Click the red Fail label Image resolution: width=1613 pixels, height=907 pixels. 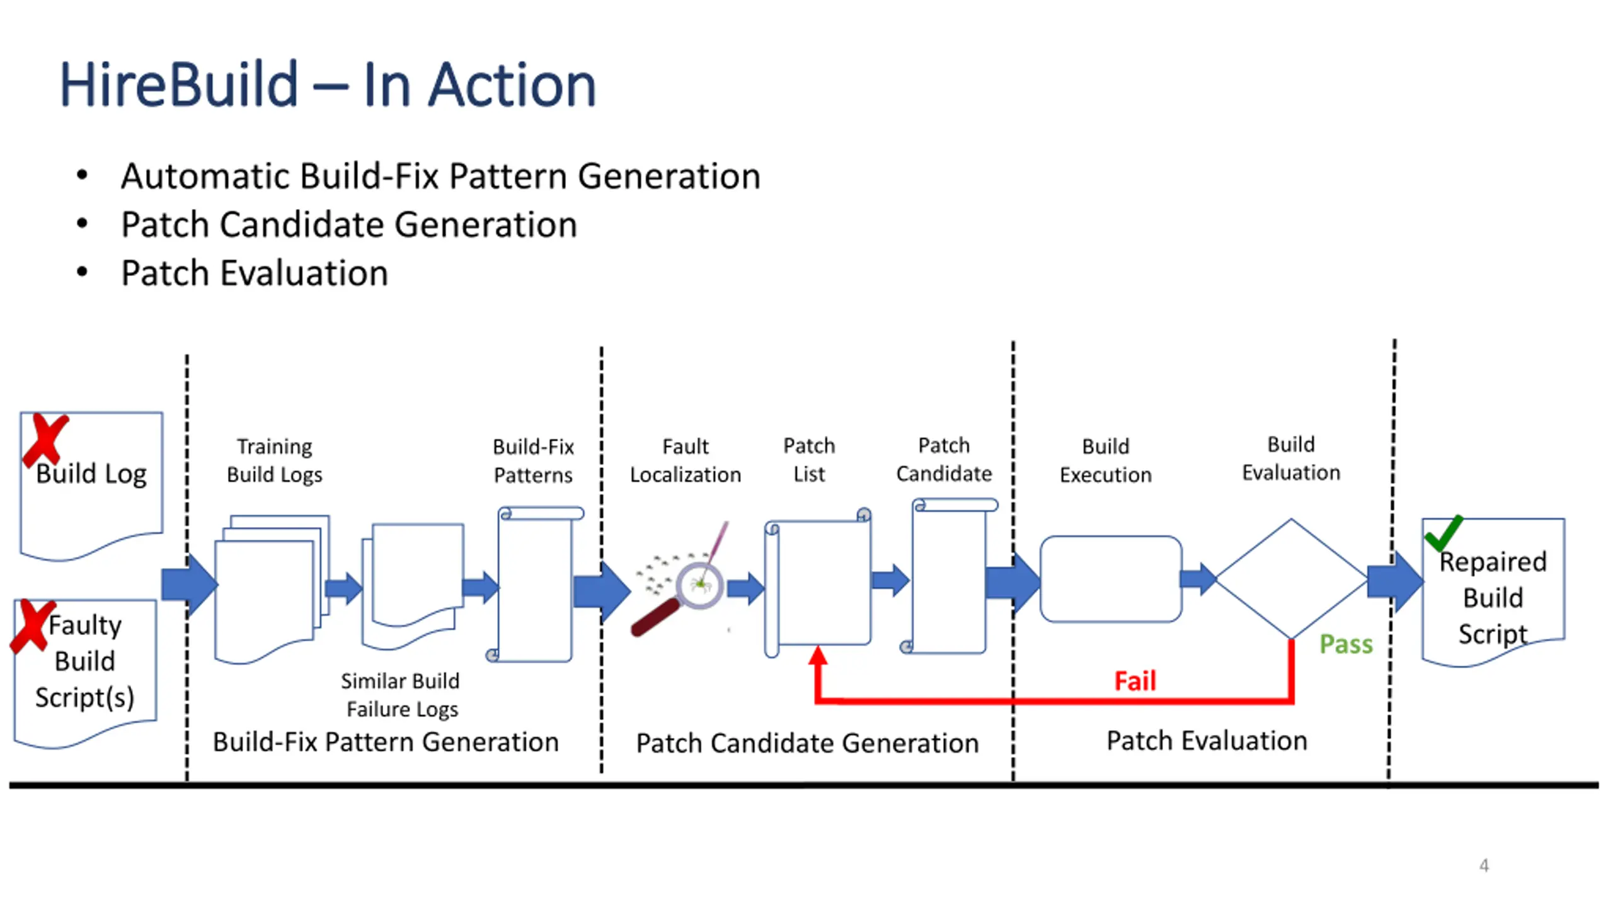click(1135, 681)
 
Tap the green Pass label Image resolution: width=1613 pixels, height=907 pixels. click(1346, 644)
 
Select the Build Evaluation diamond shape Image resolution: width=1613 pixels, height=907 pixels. click(1291, 578)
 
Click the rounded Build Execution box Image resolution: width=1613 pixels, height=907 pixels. click(1111, 579)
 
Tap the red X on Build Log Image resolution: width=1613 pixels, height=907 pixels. click(44, 440)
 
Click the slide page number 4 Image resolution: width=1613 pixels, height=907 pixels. click(1484, 865)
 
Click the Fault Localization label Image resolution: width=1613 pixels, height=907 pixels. click(686, 460)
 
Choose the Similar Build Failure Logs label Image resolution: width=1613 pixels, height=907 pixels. click(401, 695)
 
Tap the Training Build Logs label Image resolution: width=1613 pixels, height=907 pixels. click(275, 460)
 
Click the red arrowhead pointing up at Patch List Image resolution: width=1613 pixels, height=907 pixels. click(818, 655)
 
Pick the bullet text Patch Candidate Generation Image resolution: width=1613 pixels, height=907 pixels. click(349, 225)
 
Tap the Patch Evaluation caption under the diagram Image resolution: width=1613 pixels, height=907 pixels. click(1207, 741)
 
